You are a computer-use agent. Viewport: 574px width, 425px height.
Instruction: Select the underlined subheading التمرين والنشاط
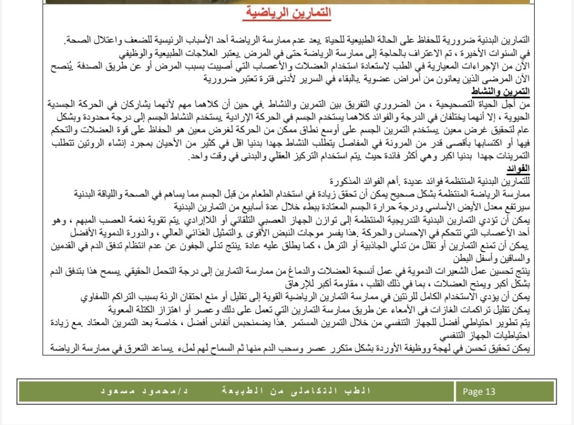506,91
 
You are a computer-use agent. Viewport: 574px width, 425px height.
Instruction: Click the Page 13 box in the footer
479,392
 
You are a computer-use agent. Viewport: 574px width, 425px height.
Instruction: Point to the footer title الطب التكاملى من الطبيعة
294,391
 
